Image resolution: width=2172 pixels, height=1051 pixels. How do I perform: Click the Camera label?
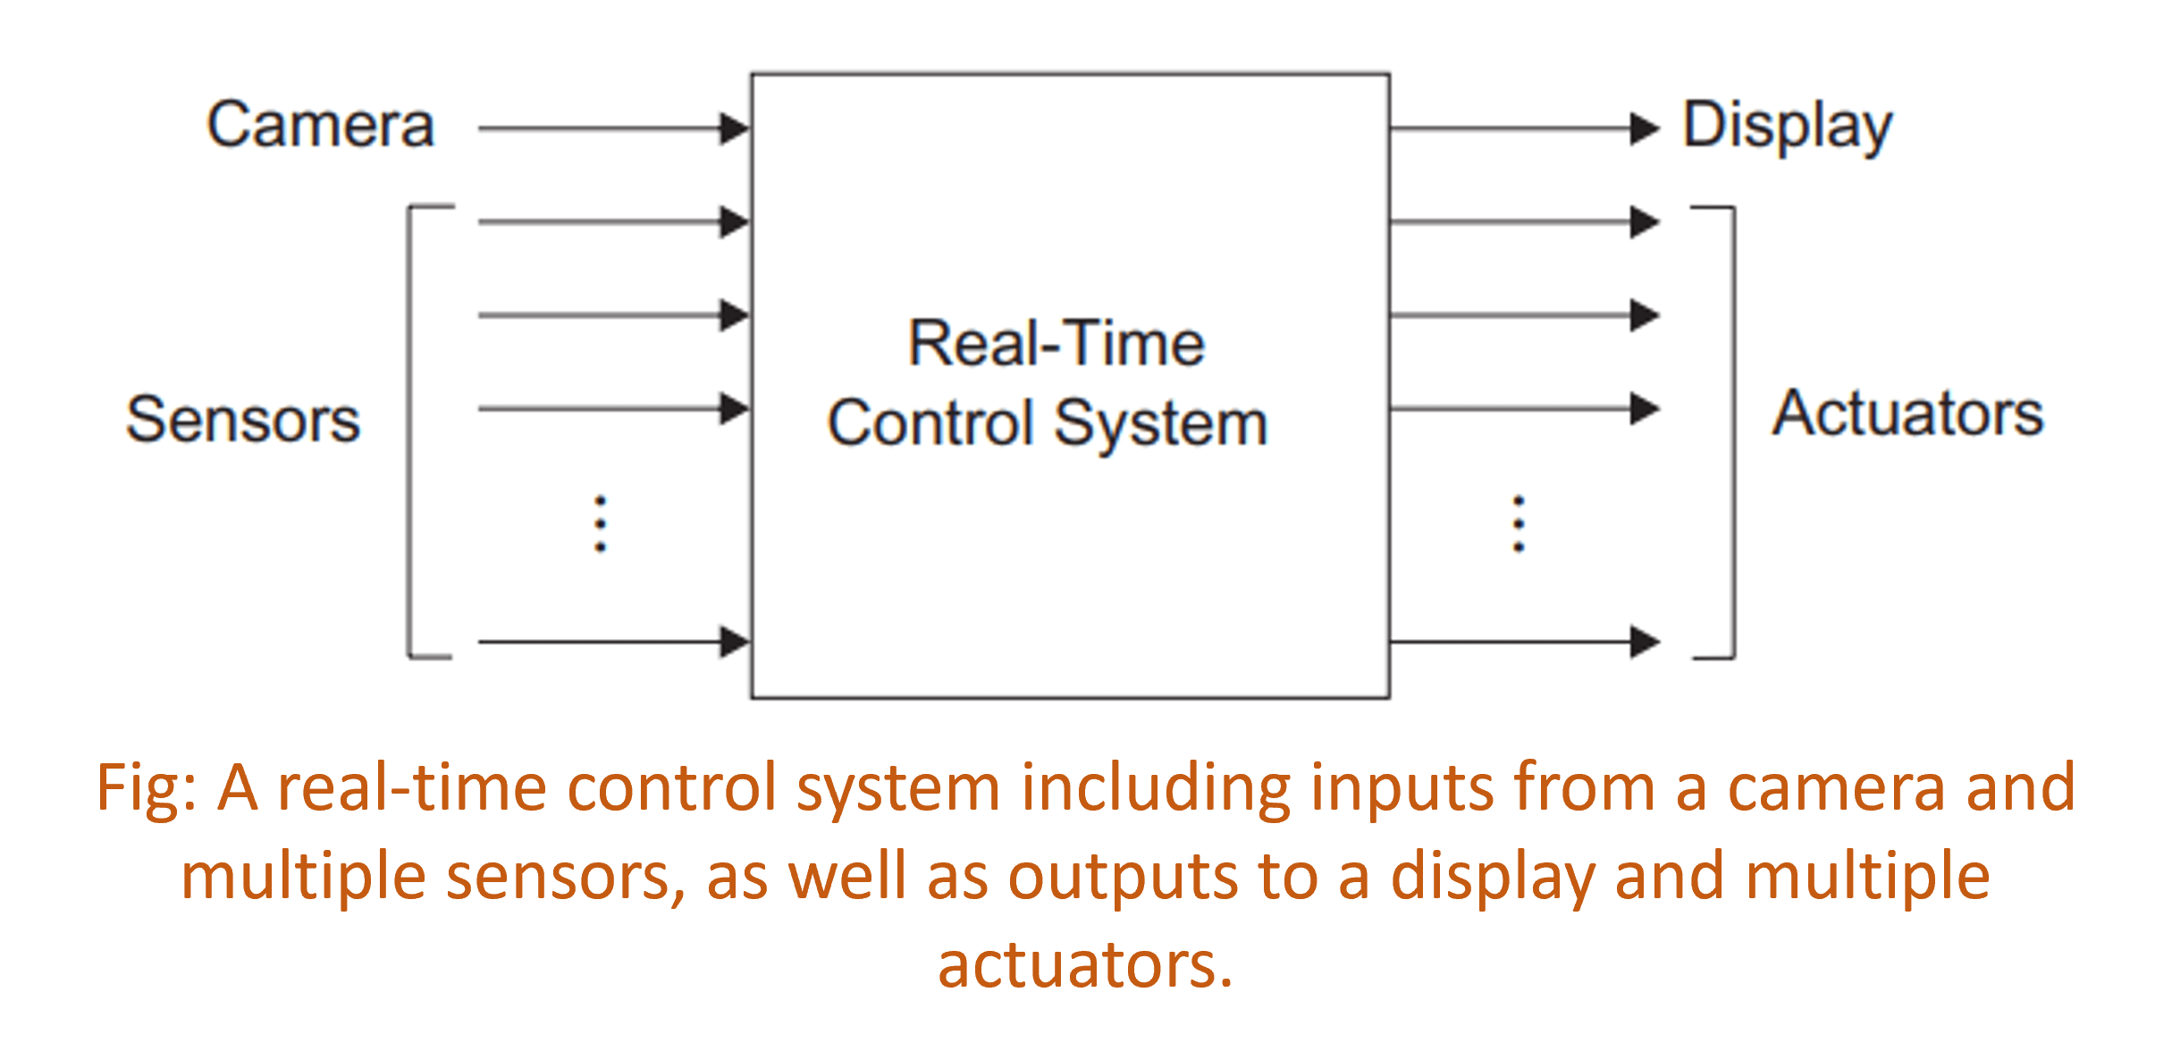[321, 125]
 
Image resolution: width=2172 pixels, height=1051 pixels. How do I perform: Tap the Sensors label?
[243, 419]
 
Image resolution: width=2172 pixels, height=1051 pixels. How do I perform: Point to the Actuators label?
[1907, 414]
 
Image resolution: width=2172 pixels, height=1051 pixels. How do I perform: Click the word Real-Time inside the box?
[1057, 344]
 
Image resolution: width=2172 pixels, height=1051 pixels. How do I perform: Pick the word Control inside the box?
[930, 423]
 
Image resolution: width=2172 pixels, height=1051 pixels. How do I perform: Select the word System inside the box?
[1160, 425]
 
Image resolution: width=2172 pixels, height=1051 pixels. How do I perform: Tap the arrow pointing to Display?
[1524, 129]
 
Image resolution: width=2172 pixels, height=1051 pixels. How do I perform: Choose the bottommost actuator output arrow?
[1524, 641]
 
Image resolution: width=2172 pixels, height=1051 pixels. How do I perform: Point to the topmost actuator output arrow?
[1524, 222]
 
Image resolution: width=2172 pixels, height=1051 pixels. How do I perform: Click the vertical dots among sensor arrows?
[601, 524]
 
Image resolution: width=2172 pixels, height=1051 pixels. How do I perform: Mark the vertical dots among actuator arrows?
[1518, 524]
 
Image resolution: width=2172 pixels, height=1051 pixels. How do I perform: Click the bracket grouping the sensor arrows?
[410, 432]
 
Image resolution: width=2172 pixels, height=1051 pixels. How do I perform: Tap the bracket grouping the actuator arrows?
[1733, 432]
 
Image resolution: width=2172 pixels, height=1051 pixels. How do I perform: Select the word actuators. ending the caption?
[1085, 965]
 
